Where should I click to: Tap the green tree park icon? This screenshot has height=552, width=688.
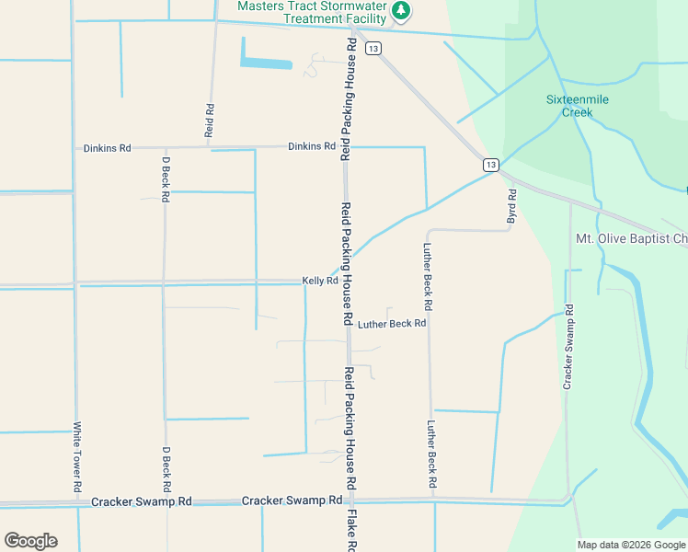tap(400, 11)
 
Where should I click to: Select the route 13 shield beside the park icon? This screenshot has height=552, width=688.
tap(373, 49)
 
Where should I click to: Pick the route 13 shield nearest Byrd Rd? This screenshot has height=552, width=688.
tap(491, 165)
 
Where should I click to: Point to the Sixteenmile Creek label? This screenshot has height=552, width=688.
tap(578, 106)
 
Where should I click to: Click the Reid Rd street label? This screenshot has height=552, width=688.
tap(210, 121)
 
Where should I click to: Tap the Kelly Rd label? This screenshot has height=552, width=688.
tap(320, 281)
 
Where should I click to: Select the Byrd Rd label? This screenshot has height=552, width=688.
tap(512, 208)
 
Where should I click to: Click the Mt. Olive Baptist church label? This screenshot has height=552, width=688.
tap(631, 239)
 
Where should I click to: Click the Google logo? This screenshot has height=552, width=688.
tap(30, 541)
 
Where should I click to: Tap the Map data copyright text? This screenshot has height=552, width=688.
tap(630, 545)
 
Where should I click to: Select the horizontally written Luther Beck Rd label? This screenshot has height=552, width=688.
tap(392, 324)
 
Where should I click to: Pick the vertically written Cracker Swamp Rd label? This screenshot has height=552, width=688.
tap(569, 345)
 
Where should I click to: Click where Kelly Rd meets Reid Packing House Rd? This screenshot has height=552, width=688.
tap(348, 282)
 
